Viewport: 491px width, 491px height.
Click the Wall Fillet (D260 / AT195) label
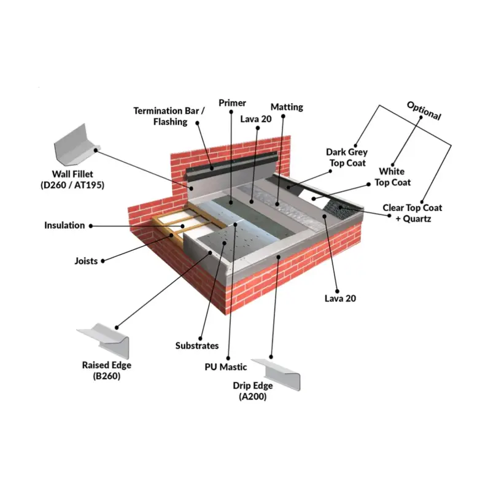(x=72, y=179)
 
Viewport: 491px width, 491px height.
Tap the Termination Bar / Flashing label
(x=169, y=116)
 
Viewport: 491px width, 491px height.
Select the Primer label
(x=232, y=102)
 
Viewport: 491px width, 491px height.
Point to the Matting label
(x=287, y=107)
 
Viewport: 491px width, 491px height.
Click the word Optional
(x=424, y=111)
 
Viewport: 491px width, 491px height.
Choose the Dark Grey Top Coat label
(x=347, y=158)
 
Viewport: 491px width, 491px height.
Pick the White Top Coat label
(x=392, y=177)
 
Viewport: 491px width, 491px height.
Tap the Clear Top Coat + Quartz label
(x=412, y=213)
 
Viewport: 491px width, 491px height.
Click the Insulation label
(x=64, y=225)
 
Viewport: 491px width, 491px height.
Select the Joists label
(x=86, y=261)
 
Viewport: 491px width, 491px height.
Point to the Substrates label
(x=197, y=346)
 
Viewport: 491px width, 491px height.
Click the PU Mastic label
(x=226, y=366)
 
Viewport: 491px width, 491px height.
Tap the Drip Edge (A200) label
(x=253, y=391)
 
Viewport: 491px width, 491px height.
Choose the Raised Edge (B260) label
(x=106, y=371)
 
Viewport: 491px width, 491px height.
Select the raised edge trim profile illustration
(x=104, y=341)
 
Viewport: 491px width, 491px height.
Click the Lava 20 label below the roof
(x=341, y=298)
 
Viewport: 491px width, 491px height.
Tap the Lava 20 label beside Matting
(x=256, y=119)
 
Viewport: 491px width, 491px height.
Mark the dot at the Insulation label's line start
(x=91, y=226)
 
